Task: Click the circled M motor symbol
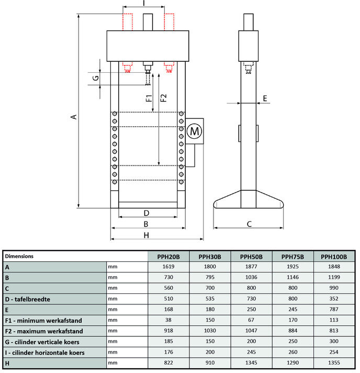click(x=194, y=131)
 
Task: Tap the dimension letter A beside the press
click(x=74, y=116)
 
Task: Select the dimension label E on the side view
click(x=265, y=98)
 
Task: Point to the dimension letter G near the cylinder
click(x=95, y=78)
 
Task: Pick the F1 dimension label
click(x=148, y=97)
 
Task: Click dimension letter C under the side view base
click(x=249, y=224)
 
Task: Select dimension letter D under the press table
click(x=147, y=213)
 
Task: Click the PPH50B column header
click(x=251, y=257)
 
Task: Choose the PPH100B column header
click(x=334, y=257)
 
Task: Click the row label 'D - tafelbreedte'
click(x=28, y=299)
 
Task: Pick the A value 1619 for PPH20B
click(x=168, y=267)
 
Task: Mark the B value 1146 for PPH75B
click(x=293, y=278)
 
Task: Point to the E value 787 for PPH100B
click(x=334, y=310)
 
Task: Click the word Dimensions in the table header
click(x=19, y=256)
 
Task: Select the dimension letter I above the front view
click(x=143, y=3)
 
